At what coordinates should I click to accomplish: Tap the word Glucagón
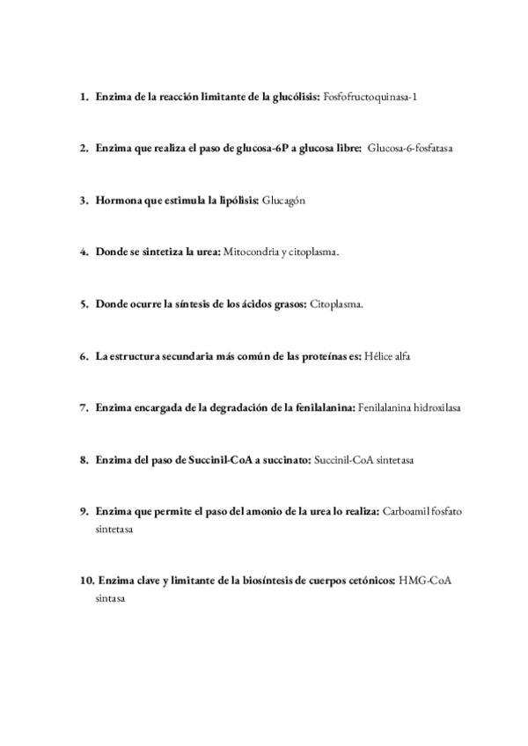point(283,200)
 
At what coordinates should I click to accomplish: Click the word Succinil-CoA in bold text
point(219,459)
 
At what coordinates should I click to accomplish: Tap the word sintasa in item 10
point(111,598)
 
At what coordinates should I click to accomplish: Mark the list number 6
point(83,355)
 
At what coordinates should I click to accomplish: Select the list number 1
point(83,96)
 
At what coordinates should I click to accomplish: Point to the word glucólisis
point(295,96)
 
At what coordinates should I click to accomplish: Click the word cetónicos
point(369,581)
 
